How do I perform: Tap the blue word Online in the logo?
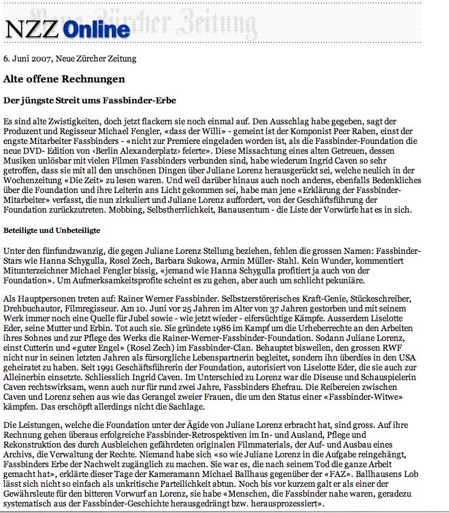pos(97,29)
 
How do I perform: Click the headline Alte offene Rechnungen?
pos(64,79)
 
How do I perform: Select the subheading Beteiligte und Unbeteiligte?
pos(52,231)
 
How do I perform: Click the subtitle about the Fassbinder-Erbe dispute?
pos(90,101)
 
